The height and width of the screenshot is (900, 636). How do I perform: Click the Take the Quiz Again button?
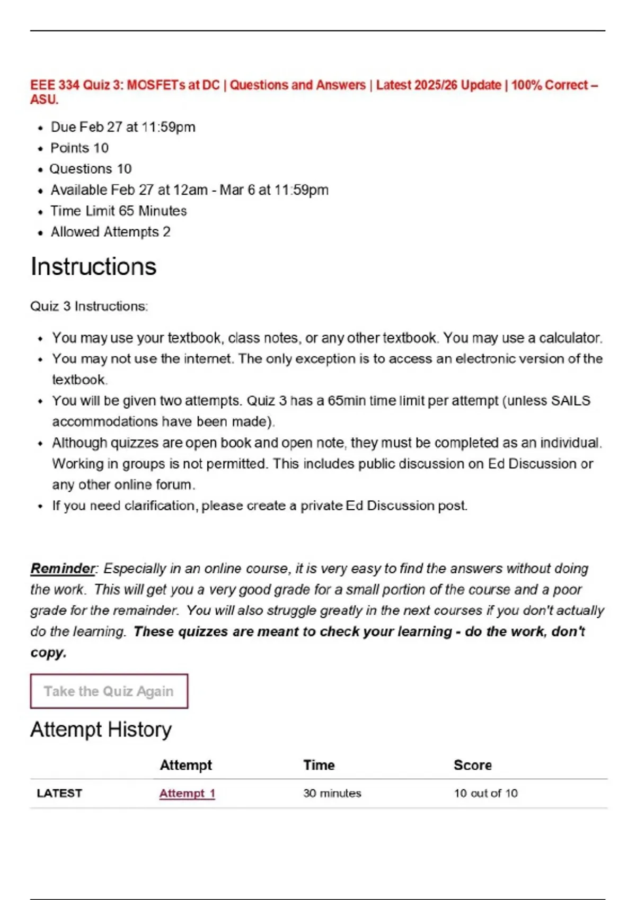pyautogui.click(x=109, y=691)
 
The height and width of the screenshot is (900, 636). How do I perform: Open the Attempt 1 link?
pyautogui.click(x=187, y=793)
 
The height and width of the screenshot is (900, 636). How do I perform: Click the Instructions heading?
pyautogui.click(x=93, y=266)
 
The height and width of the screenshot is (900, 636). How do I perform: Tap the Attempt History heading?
pyautogui.click(x=101, y=730)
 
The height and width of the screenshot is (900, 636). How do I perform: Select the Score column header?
pyautogui.click(x=472, y=765)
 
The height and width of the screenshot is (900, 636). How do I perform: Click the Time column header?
pyautogui.click(x=319, y=765)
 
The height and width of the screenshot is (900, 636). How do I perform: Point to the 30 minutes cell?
pyautogui.click(x=332, y=793)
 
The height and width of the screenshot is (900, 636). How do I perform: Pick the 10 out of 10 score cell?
pyautogui.click(x=485, y=793)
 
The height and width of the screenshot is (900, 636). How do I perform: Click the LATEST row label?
pyautogui.click(x=59, y=793)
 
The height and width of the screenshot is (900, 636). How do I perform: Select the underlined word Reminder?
pyautogui.click(x=63, y=569)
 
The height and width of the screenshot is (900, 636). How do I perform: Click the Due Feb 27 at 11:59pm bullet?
pyautogui.click(x=123, y=127)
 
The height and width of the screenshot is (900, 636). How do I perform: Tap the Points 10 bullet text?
pyautogui.click(x=79, y=148)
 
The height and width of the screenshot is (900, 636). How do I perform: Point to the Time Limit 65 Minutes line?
pyautogui.click(x=119, y=211)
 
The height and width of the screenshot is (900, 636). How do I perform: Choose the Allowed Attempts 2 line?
pyautogui.click(x=110, y=232)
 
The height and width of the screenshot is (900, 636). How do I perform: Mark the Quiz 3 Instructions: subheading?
pyautogui.click(x=89, y=306)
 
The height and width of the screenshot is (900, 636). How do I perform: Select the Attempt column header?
pyautogui.click(x=185, y=765)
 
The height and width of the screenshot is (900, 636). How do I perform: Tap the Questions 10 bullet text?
pyautogui.click(x=91, y=169)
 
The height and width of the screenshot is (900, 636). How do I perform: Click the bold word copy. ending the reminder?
pyautogui.click(x=48, y=652)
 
